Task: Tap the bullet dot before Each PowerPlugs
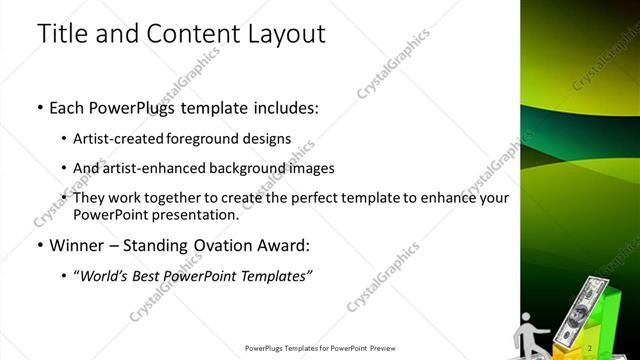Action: click(39, 106)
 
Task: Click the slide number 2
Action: click(591, 347)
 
